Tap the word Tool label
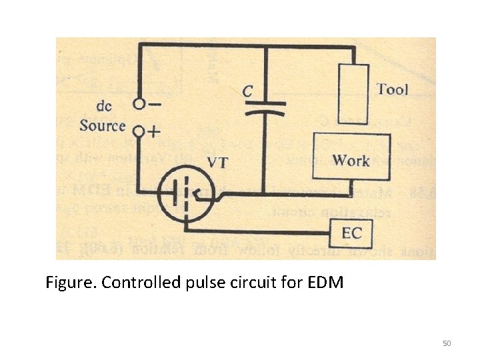pyautogui.click(x=392, y=89)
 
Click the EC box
pyautogui.click(x=351, y=233)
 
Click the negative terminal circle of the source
pyautogui.click(x=139, y=104)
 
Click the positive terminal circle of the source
pyautogui.click(x=139, y=131)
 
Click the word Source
pyautogui.click(x=103, y=125)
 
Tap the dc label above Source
pyautogui.click(x=104, y=106)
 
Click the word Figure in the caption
pyautogui.click(x=69, y=283)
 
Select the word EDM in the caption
pyautogui.click(x=326, y=283)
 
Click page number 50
pyautogui.click(x=447, y=343)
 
